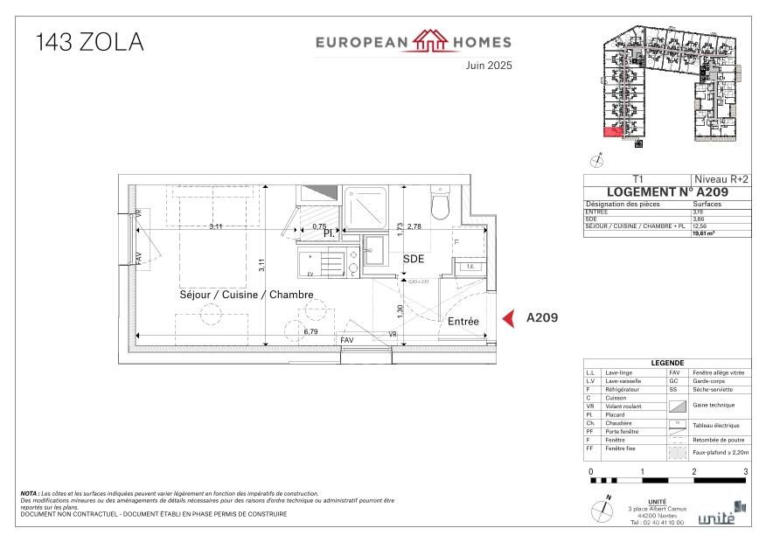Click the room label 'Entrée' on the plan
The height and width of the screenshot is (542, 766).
pos(463,322)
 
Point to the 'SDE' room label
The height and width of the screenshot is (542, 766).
pos(414,260)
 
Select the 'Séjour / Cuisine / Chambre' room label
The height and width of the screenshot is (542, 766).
pos(246,295)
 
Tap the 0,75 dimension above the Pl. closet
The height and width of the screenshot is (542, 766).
pos(319,227)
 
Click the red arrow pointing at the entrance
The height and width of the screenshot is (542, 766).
pos(506,319)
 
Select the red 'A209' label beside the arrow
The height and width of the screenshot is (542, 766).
pos(541,319)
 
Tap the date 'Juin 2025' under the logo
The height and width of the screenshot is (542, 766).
pos(488,65)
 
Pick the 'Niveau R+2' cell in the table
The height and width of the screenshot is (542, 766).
pos(721,178)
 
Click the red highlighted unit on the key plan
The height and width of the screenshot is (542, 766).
pos(613,133)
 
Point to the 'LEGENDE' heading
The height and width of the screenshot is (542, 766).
pos(667,364)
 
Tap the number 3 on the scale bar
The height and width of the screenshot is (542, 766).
pos(745,472)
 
